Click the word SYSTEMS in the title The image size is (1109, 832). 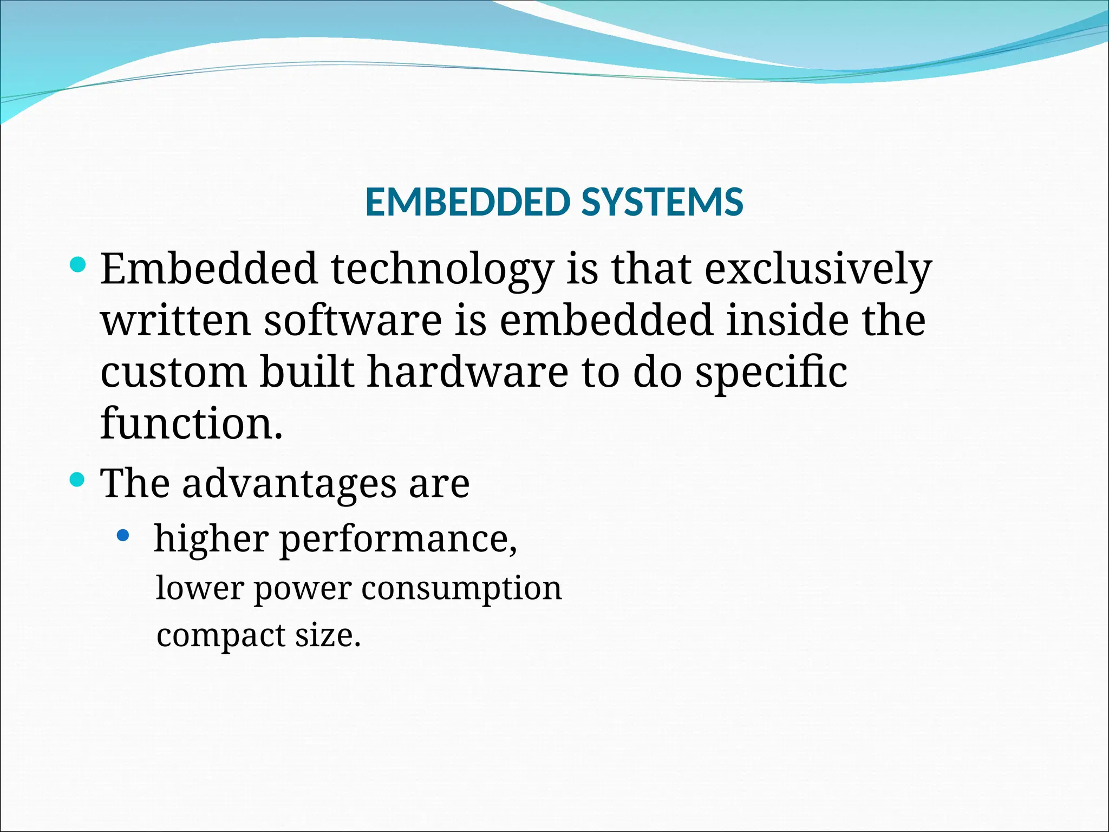click(662, 202)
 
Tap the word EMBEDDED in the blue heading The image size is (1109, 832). click(468, 202)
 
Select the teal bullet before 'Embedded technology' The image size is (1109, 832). click(78, 265)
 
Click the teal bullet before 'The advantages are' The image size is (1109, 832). click(78, 479)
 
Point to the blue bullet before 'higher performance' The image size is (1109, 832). click(123, 536)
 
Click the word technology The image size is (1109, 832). click(442, 270)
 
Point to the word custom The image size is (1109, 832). click(173, 373)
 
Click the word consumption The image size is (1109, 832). click(461, 589)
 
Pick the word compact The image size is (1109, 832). click(220, 636)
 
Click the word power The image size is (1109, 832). click(302, 589)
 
